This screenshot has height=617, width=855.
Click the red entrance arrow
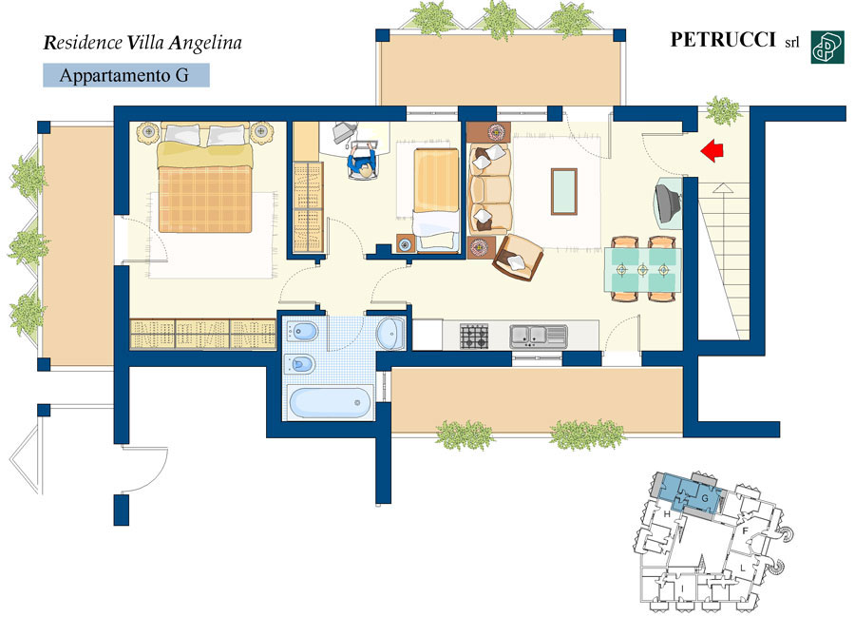[x=712, y=150]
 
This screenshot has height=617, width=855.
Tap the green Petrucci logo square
[x=827, y=48]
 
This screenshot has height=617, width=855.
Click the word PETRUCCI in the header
[x=723, y=40]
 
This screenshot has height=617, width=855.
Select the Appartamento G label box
[x=126, y=75]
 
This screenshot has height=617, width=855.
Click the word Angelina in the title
[x=205, y=43]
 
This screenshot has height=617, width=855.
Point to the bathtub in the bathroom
[x=330, y=402]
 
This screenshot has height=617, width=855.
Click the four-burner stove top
[x=474, y=336]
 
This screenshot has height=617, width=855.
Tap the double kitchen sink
[x=539, y=336]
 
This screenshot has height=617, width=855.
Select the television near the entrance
[x=669, y=202]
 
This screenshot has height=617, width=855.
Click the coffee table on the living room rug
[x=563, y=191]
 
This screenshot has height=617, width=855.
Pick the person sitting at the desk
[x=362, y=163]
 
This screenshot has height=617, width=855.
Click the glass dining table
[x=642, y=269]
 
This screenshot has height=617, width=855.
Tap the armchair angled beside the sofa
[x=518, y=258]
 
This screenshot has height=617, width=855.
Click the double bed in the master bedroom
[x=205, y=179]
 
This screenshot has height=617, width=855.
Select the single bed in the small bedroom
[x=436, y=200]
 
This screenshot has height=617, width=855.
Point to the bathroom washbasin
[x=390, y=333]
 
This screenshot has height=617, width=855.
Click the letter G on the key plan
[x=705, y=498]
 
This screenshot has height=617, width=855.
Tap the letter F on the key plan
[x=746, y=530]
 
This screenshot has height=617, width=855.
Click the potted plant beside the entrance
[x=724, y=110]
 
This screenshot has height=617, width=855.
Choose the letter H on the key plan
[x=666, y=514]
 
